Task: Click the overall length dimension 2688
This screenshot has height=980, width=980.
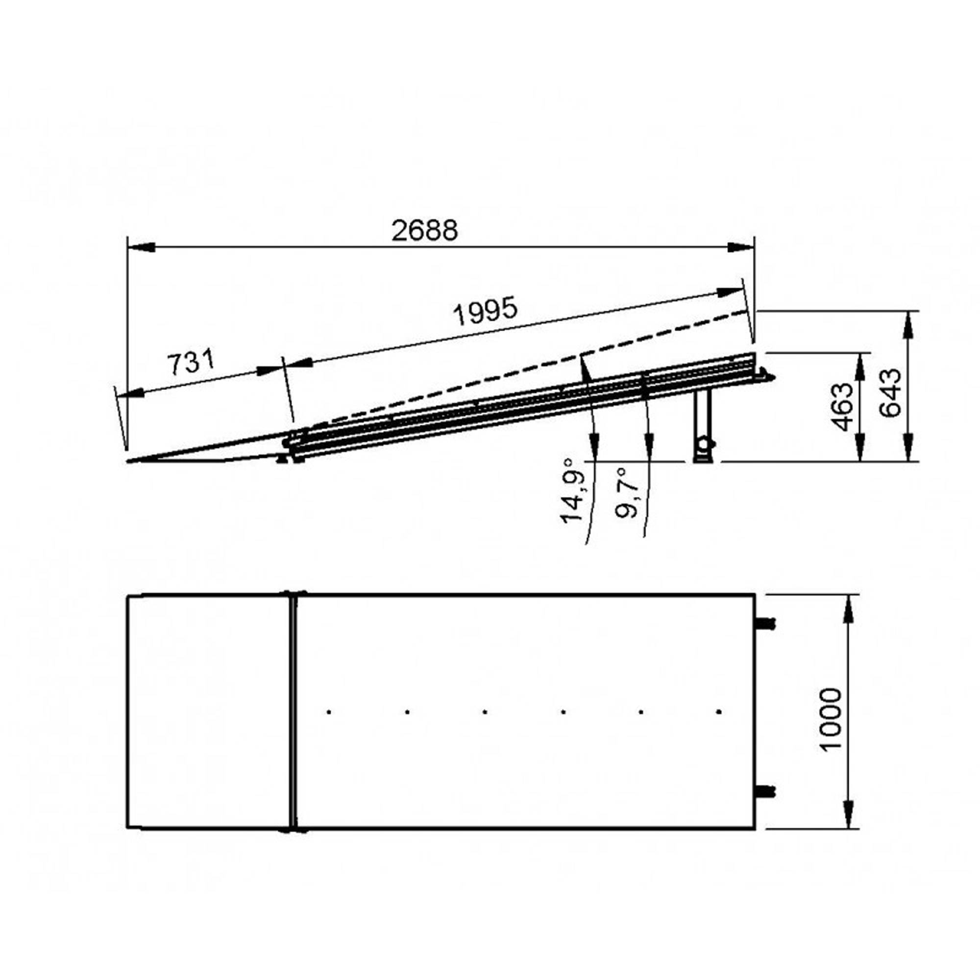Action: pyautogui.click(x=424, y=231)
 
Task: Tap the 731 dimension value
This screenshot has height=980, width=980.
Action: pyautogui.click(x=191, y=361)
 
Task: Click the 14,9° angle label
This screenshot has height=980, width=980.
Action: pyautogui.click(x=573, y=490)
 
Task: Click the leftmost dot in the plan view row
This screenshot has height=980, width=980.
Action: pyautogui.click(x=329, y=712)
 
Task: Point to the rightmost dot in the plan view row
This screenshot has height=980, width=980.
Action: pyautogui.click(x=719, y=712)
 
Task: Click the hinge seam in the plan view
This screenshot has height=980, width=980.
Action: pyautogui.click(x=293, y=711)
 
